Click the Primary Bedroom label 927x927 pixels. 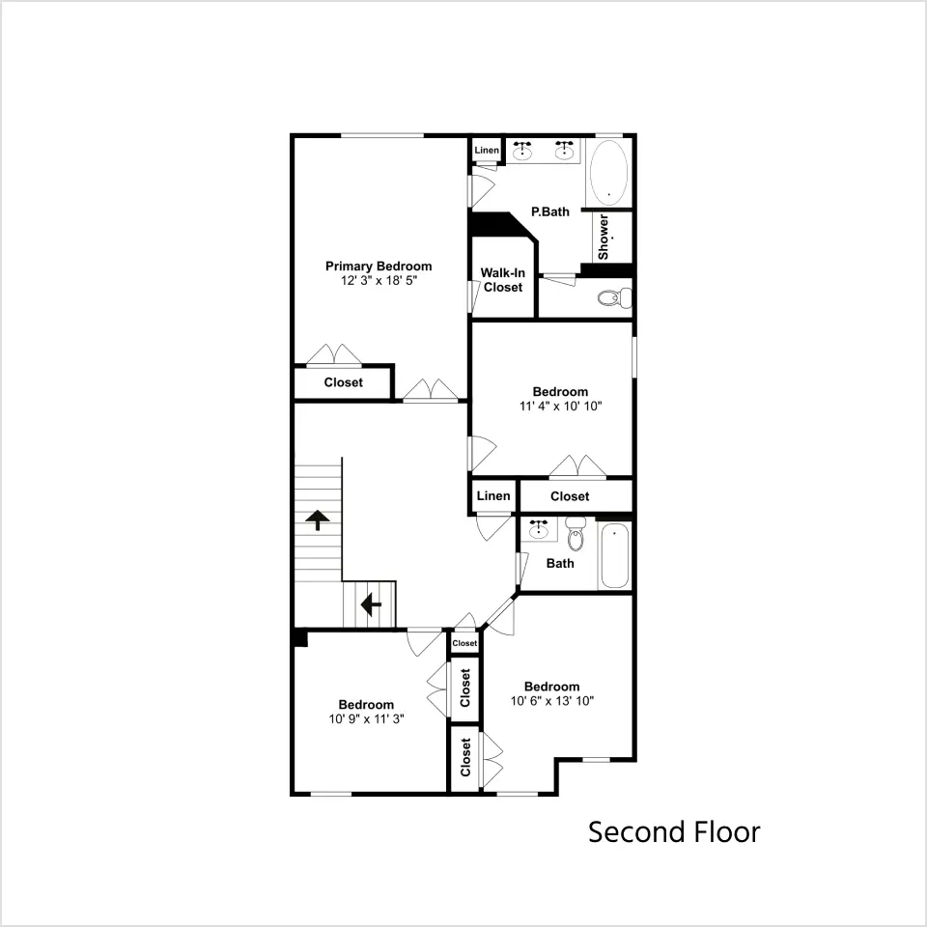pos(379,267)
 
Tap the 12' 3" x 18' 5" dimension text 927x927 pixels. pos(379,281)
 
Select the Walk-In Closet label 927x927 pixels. pos(502,280)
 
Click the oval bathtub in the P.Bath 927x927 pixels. pos(608,173)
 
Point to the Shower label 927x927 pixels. pos(603,238)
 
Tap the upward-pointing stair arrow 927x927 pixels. pos(318,520)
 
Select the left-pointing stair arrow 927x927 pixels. pos(371,604)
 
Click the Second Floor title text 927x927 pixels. pos(674,832)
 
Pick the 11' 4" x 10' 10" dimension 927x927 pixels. pos(560,407)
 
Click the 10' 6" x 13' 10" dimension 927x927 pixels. pos(552,701)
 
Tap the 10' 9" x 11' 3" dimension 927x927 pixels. pos(367,718)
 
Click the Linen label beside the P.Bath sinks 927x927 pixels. pos(487,151)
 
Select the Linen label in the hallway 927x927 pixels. pos(493,496)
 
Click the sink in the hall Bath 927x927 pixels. pos(539,529)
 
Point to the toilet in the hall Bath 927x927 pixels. pos(576,533)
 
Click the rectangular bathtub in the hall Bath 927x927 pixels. pos(615,556)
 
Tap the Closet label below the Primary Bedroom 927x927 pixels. pos(344,382)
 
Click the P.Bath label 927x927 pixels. pos(550,211)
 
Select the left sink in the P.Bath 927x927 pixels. pos(522,151)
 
